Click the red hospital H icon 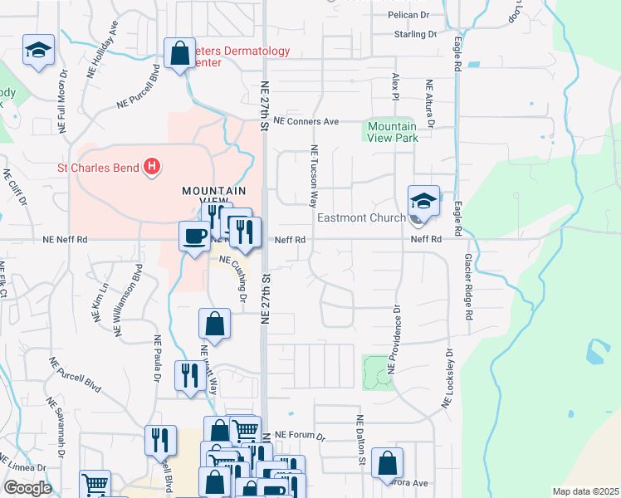tap(151, 168)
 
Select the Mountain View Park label tap(393, 133)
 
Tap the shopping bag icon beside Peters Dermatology tap(179, 55)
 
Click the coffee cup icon tap(195, 237)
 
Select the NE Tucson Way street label tap(315, 177)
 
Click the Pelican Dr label tap(408, 16)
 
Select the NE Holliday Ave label tap(104, 57)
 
